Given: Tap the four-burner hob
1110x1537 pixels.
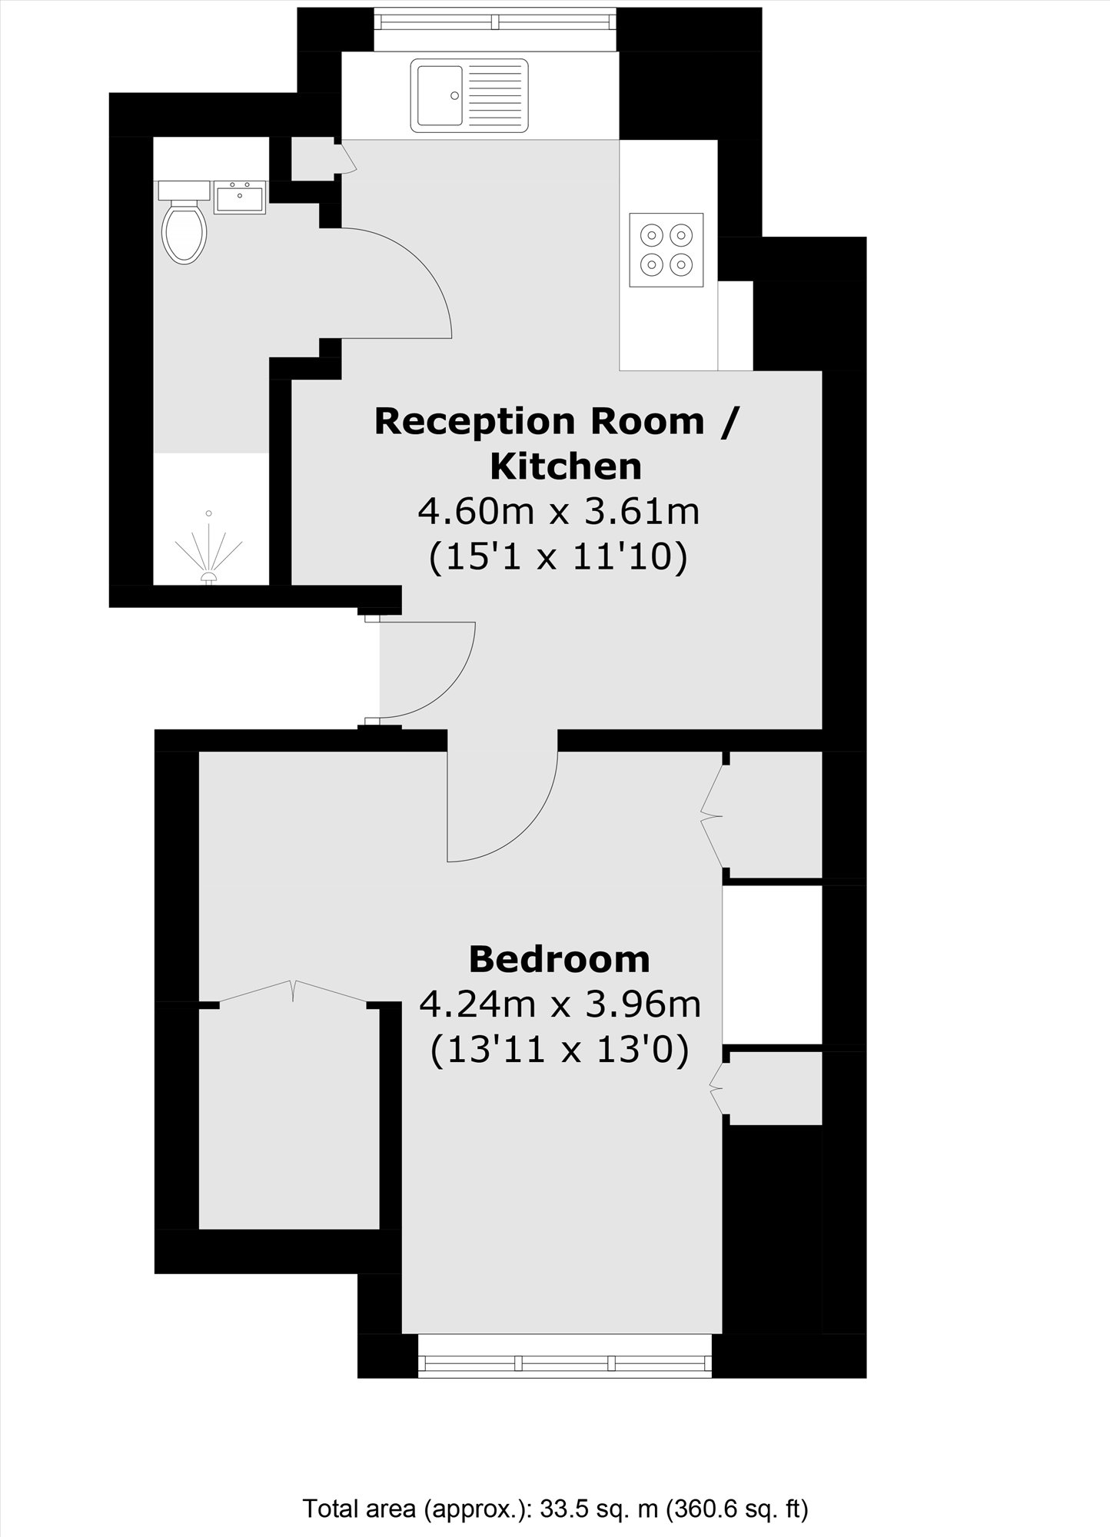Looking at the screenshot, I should (x=666, y=250).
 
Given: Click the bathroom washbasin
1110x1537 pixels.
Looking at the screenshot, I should (x=240, y=198).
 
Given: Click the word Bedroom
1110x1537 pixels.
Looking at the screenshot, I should (x=559, y=959).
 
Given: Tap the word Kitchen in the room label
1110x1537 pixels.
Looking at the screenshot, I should (x=566, y=466).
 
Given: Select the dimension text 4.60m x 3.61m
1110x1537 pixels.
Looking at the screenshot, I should (x=559, y=510).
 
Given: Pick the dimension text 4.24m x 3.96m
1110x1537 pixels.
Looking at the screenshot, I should (x=559, y=1004).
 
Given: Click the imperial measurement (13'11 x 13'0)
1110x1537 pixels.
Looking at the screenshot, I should (x=559, y=1050).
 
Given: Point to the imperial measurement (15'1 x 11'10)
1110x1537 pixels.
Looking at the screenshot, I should (x=557, y=556).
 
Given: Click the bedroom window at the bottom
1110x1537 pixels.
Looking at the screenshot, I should (x=565, y=1363).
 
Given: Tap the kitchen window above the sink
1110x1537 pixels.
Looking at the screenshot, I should (x=496, y=21).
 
